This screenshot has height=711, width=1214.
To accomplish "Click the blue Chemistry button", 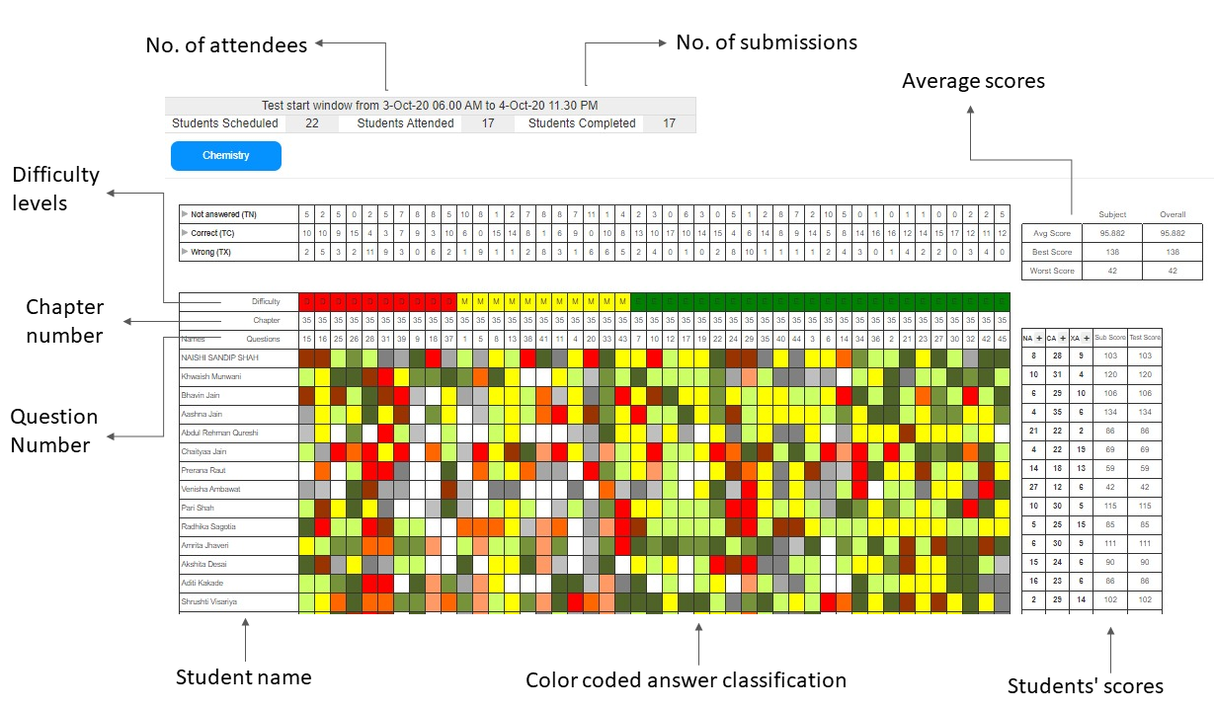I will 226,156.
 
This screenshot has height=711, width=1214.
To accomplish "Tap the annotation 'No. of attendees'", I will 226,45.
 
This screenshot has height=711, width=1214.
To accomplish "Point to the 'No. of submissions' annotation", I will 766,42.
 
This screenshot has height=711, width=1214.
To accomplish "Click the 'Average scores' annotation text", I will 973,82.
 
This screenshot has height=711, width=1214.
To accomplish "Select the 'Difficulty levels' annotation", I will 55,189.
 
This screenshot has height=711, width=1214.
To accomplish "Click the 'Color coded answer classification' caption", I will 686,680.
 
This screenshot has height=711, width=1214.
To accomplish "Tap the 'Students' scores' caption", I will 1085,686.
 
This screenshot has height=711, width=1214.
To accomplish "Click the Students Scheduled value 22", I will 312,123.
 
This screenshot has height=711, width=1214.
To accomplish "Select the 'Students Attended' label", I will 405,123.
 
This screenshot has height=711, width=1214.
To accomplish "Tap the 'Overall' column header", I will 1173,214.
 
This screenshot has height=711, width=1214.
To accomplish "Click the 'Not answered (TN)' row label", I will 224,214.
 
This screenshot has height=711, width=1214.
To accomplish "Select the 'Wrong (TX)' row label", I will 212,252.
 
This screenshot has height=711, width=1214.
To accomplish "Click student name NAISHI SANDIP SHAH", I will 218,357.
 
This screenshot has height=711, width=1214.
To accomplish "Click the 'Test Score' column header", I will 1145,338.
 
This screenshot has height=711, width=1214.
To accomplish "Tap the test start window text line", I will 430,105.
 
